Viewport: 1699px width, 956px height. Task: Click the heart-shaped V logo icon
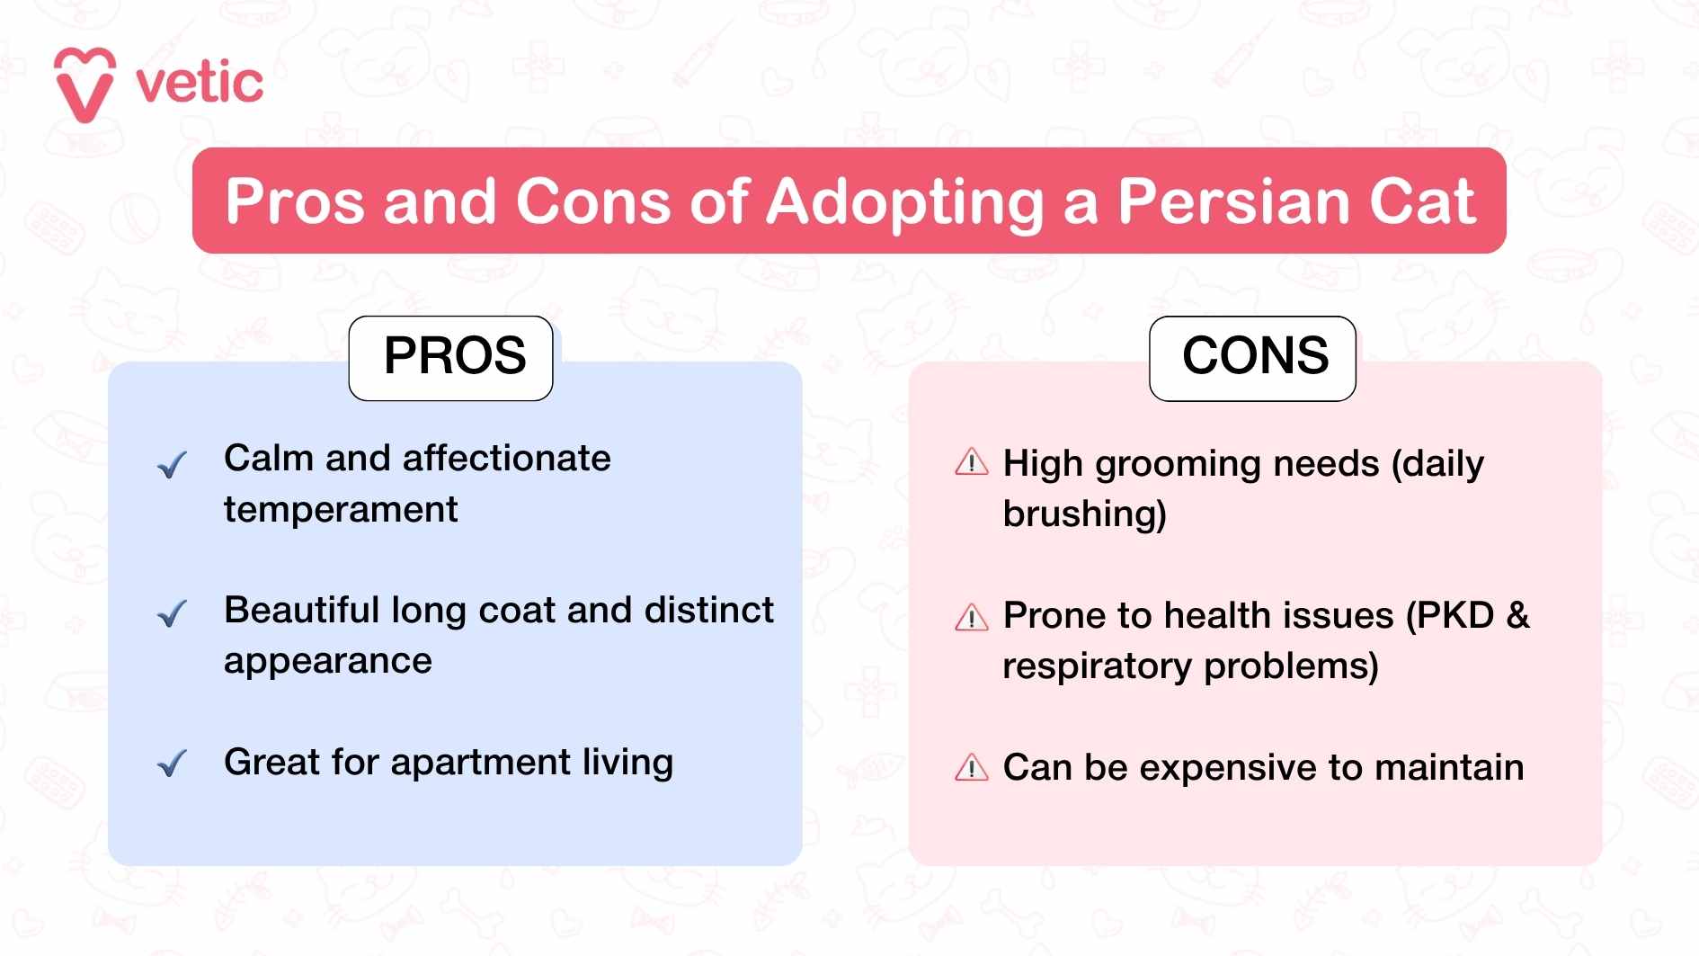click(85, 85)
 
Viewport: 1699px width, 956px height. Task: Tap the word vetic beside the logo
click(200, 83)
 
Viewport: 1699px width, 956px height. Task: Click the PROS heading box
click(451, 357)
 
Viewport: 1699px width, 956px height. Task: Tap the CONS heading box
click(1253, 357)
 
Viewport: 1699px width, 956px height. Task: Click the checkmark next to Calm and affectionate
click(171, 464)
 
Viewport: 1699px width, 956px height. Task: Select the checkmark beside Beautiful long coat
click(171, 614)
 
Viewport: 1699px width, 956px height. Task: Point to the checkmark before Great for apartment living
click(171, 764)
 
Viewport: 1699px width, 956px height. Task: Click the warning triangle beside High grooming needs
click(971, 462)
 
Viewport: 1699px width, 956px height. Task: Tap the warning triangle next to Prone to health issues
click(971, 618)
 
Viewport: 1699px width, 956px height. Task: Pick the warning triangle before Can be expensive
click(971, 768)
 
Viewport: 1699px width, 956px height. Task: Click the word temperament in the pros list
click(341, 510)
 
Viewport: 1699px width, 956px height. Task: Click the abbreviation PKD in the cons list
click(1450, 616)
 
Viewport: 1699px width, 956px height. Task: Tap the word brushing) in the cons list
click(1084, 514)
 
